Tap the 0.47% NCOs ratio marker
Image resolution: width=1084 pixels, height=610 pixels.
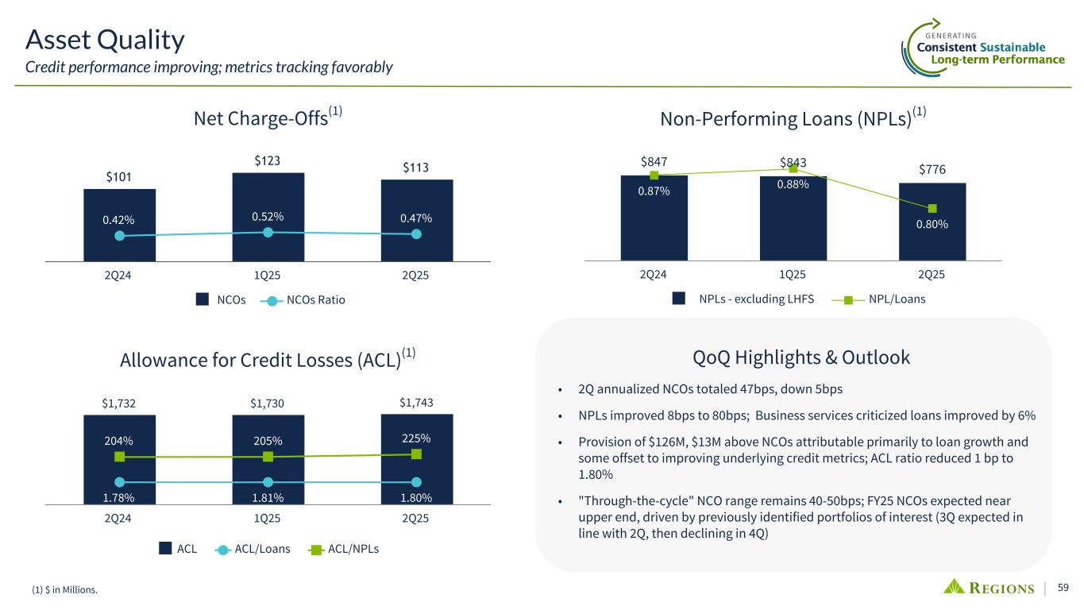tap(417, 234)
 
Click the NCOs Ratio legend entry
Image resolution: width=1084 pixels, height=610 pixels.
tap(306, 300)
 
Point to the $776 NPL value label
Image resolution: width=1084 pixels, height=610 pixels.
tap(932, 171)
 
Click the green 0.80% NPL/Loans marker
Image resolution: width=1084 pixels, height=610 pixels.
tap(932, 208)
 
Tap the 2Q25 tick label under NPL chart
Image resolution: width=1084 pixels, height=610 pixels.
tap(932, 275)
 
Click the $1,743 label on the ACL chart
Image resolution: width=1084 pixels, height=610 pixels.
tap(416, 402)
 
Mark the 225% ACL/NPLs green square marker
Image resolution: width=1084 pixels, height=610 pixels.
tap(416, 454)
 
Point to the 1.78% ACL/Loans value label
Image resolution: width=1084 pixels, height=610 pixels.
tap(119, 498)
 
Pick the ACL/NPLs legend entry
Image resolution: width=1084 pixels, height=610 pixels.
tap(343, 548)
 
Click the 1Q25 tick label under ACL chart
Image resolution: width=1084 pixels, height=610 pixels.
tap(268, 519)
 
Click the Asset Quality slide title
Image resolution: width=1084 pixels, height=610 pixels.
tap(105, 38)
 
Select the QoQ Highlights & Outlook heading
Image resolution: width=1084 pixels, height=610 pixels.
tap(801, 357)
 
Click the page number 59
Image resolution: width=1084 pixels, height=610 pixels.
tap(1063, 588)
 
